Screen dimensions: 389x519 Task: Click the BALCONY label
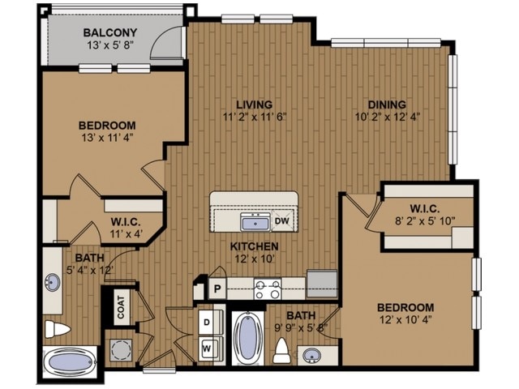[x=114, y=32]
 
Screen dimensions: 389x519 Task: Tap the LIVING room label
[x=254, y=104]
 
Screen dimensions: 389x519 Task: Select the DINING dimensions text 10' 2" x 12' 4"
[x=388, y=116]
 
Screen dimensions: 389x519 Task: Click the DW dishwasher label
[x=282, y=220]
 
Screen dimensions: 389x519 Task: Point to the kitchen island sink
[x=255, y=221]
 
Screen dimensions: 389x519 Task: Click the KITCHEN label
[x=254, y=246]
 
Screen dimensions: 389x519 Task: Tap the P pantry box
[x=217, y=287]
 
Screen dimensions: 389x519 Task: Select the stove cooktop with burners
[x=268, y=288]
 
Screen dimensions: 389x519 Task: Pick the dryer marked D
[x=208, y=321]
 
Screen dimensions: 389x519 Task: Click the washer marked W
[x=208, y=348]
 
